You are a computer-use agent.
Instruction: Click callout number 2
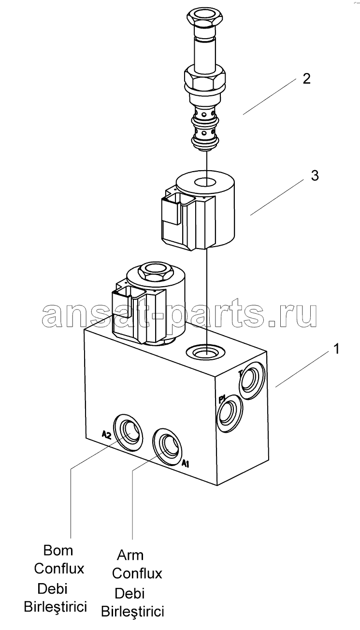[x=306, y=78]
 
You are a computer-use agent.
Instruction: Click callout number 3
[x=315, y=176]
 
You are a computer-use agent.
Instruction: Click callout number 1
[x=336, y=349]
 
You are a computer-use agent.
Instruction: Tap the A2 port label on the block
[x=106, y=435]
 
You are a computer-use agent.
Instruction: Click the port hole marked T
[x=251, y=380]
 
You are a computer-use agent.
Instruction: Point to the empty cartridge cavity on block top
[x=205, y=352]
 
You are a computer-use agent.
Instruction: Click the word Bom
[x=58, y=550]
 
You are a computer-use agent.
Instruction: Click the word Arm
[x=130, y=555]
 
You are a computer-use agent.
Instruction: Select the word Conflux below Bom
[x=59, y=569]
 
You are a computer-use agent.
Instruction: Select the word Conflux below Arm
[x=137, y=573]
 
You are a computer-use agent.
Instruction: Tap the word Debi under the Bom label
[x=52, y=588]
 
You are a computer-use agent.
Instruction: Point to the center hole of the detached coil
[x=206, y=182]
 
